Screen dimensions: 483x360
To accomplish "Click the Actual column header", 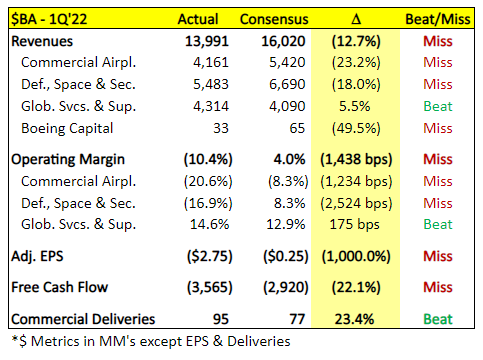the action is coord(198,19).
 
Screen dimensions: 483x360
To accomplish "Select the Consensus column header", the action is coord(274,19).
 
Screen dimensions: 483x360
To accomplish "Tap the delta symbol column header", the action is coord(356,19).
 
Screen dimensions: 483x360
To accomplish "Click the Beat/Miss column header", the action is coord(438,19).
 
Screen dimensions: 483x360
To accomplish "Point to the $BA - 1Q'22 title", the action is coord(49,19).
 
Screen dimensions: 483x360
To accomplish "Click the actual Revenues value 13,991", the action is coord(207,41).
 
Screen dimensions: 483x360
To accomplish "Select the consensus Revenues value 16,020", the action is coord(283,41).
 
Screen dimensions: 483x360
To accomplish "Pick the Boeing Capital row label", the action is coord(67,129).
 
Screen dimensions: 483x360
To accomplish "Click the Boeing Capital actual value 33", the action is coord(221,128).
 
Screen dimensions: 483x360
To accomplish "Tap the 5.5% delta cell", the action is coord(355,106).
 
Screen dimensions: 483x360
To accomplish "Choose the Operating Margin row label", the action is coord(68,160).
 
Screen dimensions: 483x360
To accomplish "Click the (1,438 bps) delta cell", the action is coord(356,160).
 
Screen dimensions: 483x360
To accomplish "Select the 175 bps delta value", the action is coord(354,225).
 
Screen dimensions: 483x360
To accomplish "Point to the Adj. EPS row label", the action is coord(37,257).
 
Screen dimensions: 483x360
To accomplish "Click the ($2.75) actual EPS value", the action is coord(209,257).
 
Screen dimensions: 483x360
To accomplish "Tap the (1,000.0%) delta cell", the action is coord(356,257).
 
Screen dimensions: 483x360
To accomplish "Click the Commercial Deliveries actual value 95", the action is coord(221,319).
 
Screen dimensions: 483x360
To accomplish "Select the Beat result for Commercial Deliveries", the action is coord(438,319).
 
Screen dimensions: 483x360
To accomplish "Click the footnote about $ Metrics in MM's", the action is coord(151,341).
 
